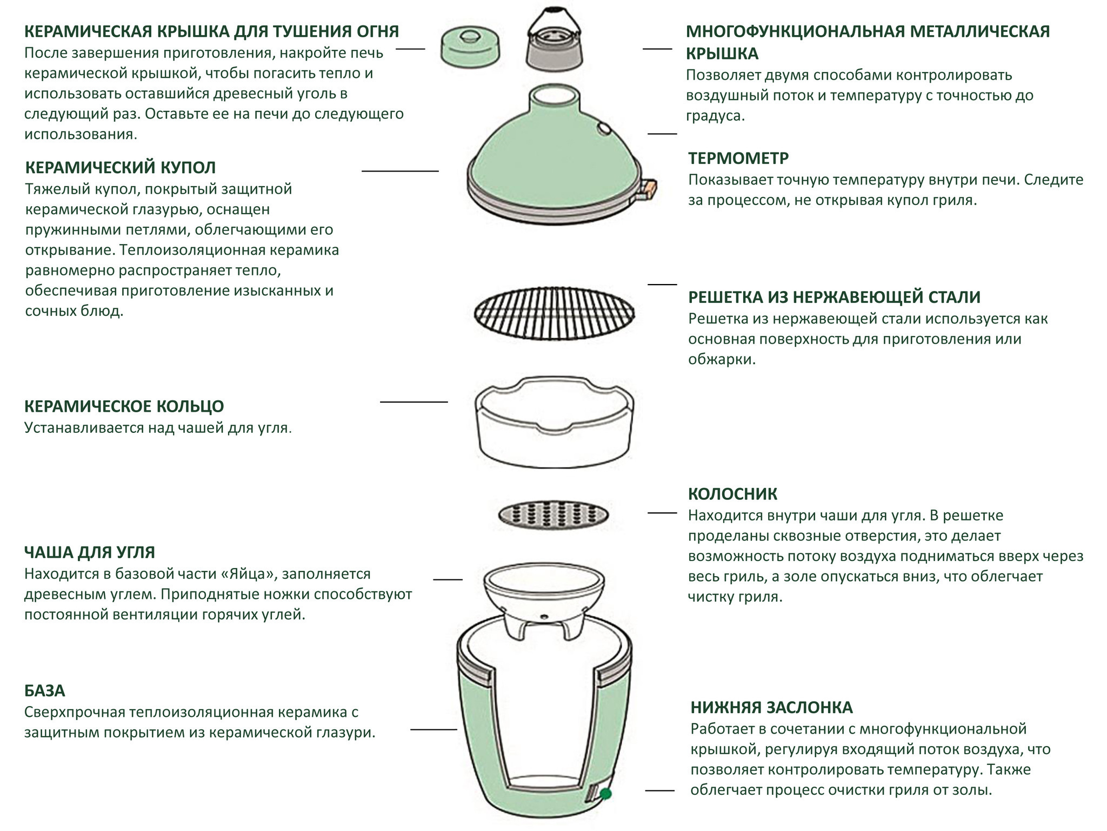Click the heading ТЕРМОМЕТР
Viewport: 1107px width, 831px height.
[x=738, y=159]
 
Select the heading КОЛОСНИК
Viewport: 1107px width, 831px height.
[x=732, y=494]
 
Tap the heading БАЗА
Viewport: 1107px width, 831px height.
[x=44, y=691]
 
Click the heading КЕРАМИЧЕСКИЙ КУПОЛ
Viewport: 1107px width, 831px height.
[x=120, y=168]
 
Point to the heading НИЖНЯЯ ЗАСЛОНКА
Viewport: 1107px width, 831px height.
[x=771, y=708]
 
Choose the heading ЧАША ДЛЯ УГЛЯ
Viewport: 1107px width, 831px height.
[x=90, y=552]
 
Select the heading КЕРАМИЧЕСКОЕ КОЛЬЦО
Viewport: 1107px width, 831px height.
[x=124, y=406]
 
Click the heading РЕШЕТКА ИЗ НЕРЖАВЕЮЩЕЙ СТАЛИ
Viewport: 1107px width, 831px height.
[x=834, y=297]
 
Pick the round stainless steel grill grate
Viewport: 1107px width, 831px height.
[x=555, y=313]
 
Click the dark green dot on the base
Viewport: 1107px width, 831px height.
[x=605, y=794]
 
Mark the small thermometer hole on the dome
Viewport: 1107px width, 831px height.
[x=603, y=129]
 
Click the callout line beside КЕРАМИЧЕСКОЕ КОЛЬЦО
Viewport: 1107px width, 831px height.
[x=414, y=402]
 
